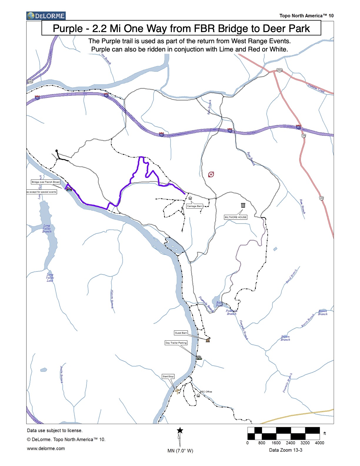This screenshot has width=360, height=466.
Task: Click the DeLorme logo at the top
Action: [46, 16]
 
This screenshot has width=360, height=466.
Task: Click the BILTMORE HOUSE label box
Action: [236, 217]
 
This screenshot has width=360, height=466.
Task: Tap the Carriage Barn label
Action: [194, 206]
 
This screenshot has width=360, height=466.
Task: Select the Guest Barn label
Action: [181, 333]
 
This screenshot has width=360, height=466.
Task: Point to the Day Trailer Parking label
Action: [176, 343]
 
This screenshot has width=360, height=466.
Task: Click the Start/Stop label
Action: [168, 376]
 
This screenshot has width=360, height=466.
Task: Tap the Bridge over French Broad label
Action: [46, 182]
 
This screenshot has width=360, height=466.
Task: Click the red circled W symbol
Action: [211, 174]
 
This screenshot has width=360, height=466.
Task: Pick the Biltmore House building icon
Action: [243, 205]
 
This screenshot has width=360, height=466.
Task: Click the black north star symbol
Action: [180, 431]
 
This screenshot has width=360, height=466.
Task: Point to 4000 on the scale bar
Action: [319, 443]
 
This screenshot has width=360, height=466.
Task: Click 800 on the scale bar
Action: [261, 443]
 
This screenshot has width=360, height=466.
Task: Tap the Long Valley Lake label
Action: [50, 278]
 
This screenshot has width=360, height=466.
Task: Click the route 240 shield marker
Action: [30, 81]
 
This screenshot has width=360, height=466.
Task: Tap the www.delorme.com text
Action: [46, 448]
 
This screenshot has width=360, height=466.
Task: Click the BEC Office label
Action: [206, 392]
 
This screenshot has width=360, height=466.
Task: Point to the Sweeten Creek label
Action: [316, 88]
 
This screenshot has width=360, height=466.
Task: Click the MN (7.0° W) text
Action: [180, 451]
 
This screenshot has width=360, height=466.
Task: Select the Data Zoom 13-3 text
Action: [286, 450]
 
